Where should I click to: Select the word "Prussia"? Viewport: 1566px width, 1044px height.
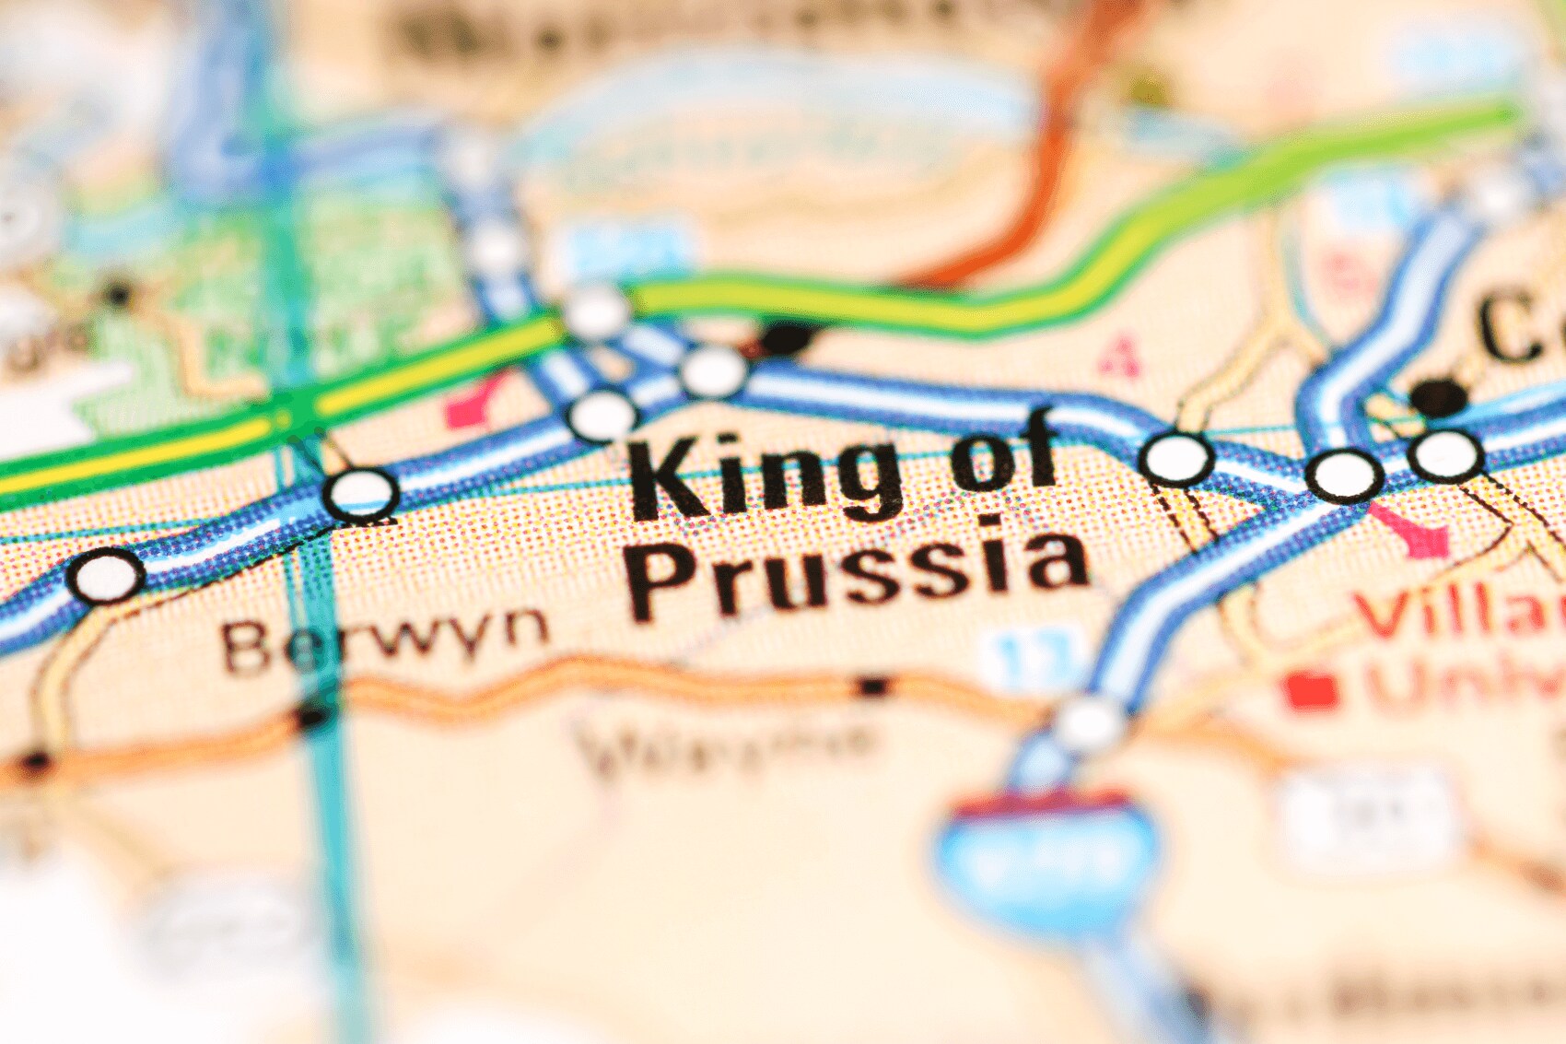point(861,571)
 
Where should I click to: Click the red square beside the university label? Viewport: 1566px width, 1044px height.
point(1312,690)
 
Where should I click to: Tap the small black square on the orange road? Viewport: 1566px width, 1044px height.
point(872,686)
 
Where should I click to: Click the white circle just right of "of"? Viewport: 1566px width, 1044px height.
point(1175,456)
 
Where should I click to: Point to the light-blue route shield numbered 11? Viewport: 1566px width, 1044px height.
point(1028,655)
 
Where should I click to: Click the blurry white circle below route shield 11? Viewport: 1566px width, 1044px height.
point(1089,723)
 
